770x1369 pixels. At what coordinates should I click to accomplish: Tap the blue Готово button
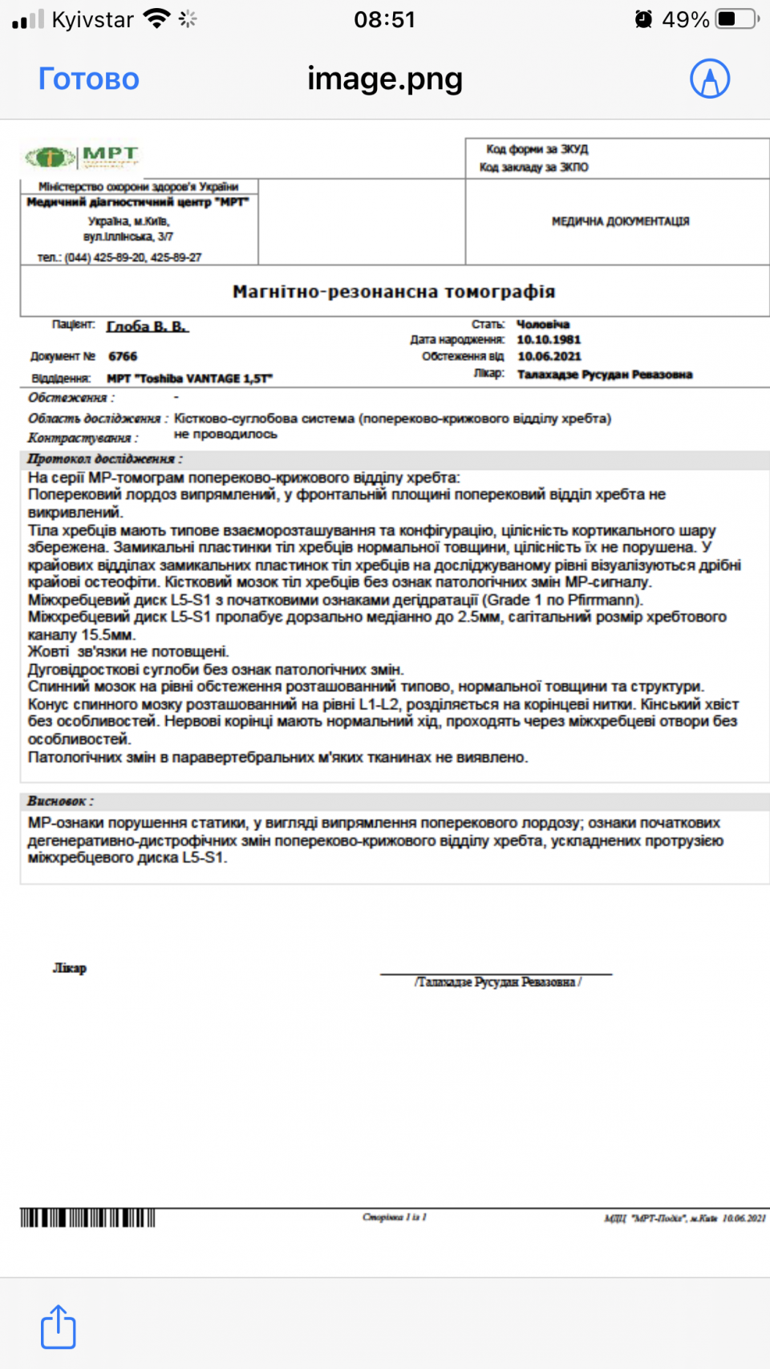click(x=89, y=79)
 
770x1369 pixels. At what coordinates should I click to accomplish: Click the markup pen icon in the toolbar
click(x=710, y=79)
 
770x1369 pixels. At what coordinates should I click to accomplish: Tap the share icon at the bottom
click(x=58, y=1326)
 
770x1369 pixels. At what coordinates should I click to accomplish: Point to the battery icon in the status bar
click(x=737, y=19)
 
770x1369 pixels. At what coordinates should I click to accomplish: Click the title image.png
click(x=385, y=79)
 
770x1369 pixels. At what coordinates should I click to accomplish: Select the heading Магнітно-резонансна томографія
click(x=394, y=291)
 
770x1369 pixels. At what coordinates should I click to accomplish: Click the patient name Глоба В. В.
click(x=148, y=326)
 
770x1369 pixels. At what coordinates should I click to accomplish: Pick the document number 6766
click(x=123, y=356)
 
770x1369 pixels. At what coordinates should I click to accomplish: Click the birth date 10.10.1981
click(x=549, y=340)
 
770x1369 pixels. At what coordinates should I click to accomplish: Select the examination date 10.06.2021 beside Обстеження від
click(x=549, y=356)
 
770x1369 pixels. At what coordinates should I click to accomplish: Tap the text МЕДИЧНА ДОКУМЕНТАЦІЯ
click(x=620, y=221)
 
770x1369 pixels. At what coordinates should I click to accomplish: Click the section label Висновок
click(x=60, y=801)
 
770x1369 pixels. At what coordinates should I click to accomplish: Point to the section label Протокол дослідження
click(x=104, y=459)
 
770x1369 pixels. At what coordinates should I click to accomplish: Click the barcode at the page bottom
click(x=87, y=1218)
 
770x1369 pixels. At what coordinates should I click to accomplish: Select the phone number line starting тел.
click(x=120, y=257)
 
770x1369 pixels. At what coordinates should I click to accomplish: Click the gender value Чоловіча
click(x=543, y=324)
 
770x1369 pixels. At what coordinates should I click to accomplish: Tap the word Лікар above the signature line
click(x=70, y=968)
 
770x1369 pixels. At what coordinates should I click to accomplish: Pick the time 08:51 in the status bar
click(x=385, y=19)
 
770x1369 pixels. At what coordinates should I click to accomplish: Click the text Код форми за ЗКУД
click(x=537, y=149)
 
